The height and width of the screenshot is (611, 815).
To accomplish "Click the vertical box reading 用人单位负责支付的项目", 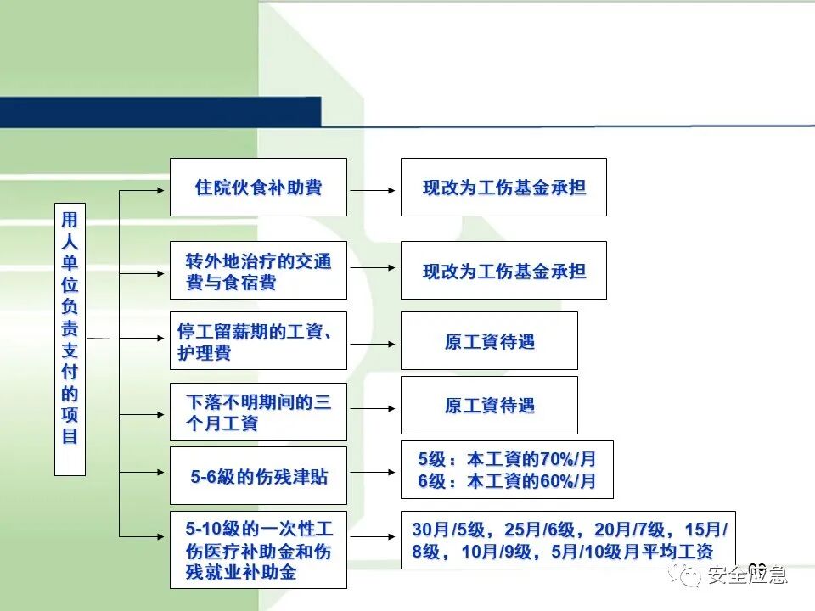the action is tap(70, 339).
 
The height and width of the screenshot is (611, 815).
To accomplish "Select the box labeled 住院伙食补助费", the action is tap(258, 187).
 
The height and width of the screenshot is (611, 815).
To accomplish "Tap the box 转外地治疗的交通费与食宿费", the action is tap(258, 270).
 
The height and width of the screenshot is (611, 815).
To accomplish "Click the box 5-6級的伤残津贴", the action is tap(258, 475).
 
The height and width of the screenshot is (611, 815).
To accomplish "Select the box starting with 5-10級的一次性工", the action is tap(258, 549).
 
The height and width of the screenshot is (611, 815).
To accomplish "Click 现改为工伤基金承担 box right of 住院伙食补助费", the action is tap(503, 187).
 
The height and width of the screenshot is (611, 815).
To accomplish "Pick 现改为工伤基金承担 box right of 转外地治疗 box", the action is tap(503, 270).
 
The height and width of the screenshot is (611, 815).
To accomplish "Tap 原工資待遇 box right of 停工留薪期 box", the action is tap(489, 340).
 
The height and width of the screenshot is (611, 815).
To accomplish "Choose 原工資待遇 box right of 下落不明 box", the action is tap(489, 405).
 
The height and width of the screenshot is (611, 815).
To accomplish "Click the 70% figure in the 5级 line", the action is tap(558, 459).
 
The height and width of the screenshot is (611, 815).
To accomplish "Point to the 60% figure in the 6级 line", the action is tap(558, 481).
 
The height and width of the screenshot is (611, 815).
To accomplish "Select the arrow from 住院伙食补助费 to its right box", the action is tap(374, 190).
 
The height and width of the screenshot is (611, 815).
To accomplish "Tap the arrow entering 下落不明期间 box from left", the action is tap(144, 414).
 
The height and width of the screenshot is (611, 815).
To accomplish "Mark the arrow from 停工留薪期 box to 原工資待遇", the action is tap(374, 344).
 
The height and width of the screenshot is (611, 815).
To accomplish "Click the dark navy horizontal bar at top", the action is tap(161, 111).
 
